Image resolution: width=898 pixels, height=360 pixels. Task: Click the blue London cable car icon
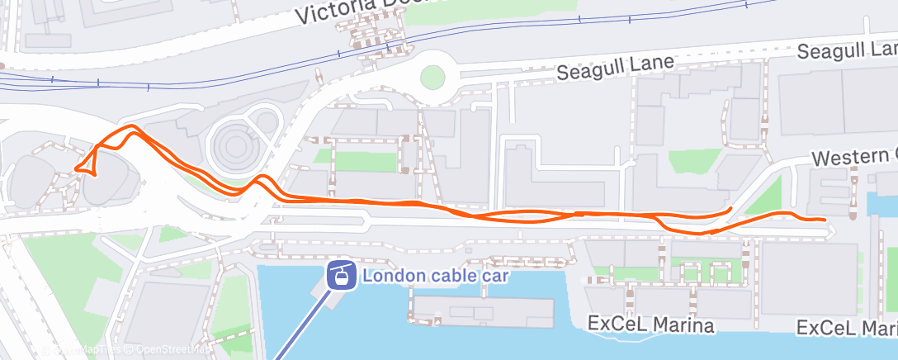click(x=338, y=275)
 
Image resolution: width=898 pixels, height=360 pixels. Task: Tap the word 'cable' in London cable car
click(x=446, y=275)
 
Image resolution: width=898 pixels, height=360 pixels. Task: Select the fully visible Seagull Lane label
click(x=615, y=67)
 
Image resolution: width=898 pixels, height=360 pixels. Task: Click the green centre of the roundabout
click(x=432, y=78)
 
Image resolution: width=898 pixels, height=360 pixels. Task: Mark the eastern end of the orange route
click(x=824, y=219)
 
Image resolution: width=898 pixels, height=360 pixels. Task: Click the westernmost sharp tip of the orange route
click(x=77, y=169)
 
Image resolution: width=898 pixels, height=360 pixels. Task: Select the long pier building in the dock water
click(x=483, y=309)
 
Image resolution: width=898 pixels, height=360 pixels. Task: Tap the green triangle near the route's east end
click(x=768, y=198)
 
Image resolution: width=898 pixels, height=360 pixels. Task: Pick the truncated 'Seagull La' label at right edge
click(x=846, y=51)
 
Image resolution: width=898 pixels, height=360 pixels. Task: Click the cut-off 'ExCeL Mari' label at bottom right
click(x=847, y=328)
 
